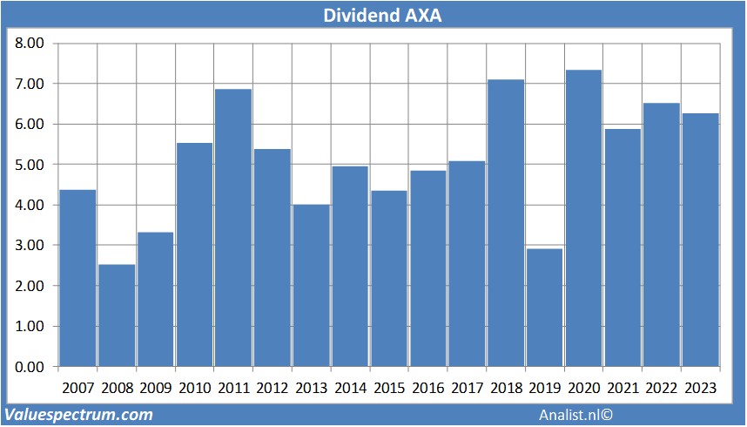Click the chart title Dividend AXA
point(373,15)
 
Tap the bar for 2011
point(233,227)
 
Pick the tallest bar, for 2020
point(583,218)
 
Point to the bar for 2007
point(77,278)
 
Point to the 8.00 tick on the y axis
point(29,43)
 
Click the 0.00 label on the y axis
point(29,367)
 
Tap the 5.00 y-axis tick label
point(29,165)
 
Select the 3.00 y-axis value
point(29,246)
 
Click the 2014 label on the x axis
point(349,388)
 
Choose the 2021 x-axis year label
point(622,388)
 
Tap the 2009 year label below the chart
point(155,388)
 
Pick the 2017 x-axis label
point(467,388)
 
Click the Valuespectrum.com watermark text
point(79,415)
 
